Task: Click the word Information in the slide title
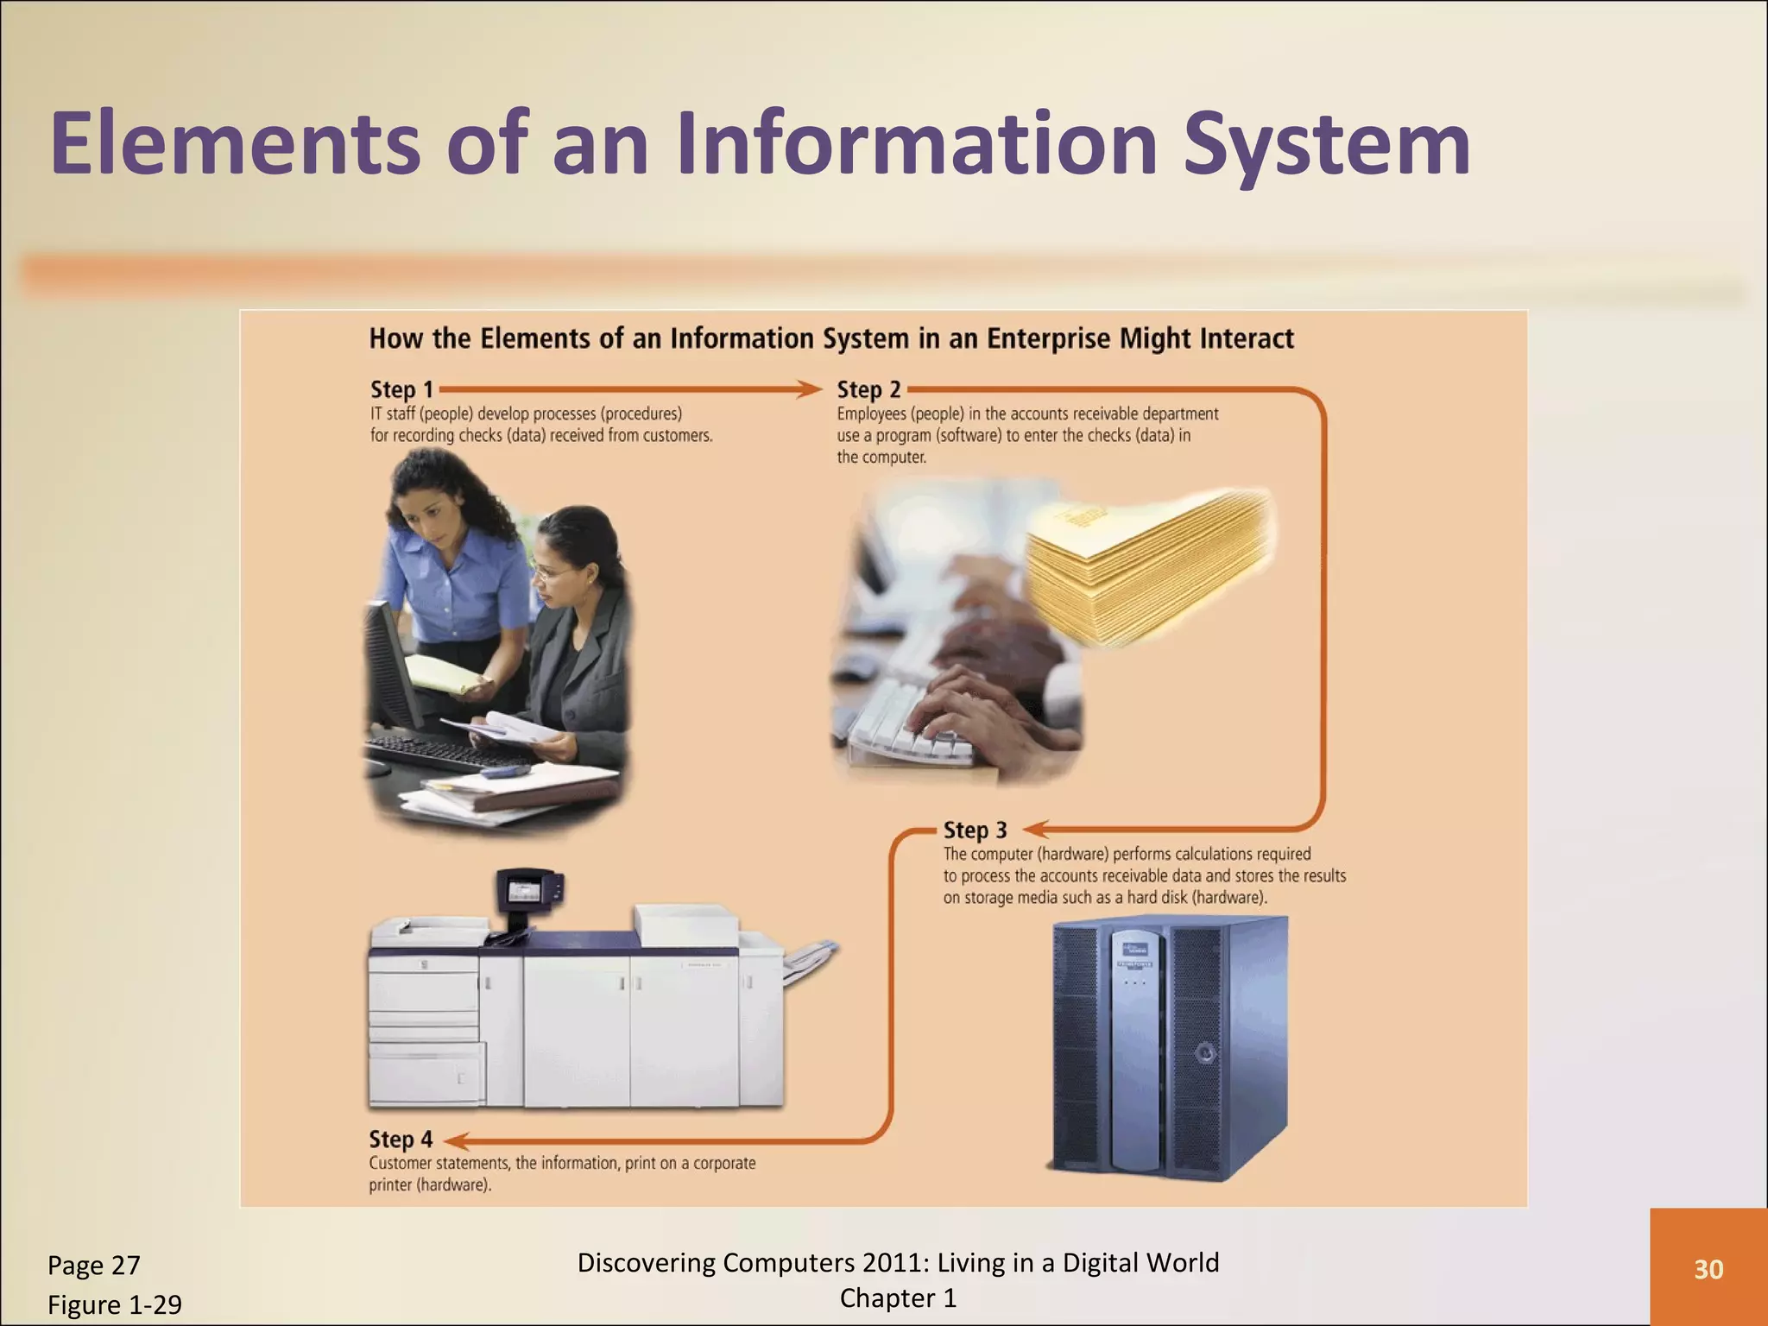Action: point(916,145)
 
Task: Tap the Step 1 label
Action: point(401,390)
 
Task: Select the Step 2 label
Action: point(868,390)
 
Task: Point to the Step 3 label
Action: point(975,830)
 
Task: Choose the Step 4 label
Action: point(401,1140)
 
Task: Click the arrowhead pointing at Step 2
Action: point(811,389)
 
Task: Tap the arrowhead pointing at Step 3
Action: point(1036,830)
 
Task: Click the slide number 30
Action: point(1708,1269)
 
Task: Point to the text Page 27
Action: point(93,1266)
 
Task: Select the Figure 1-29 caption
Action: point(114,1304)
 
